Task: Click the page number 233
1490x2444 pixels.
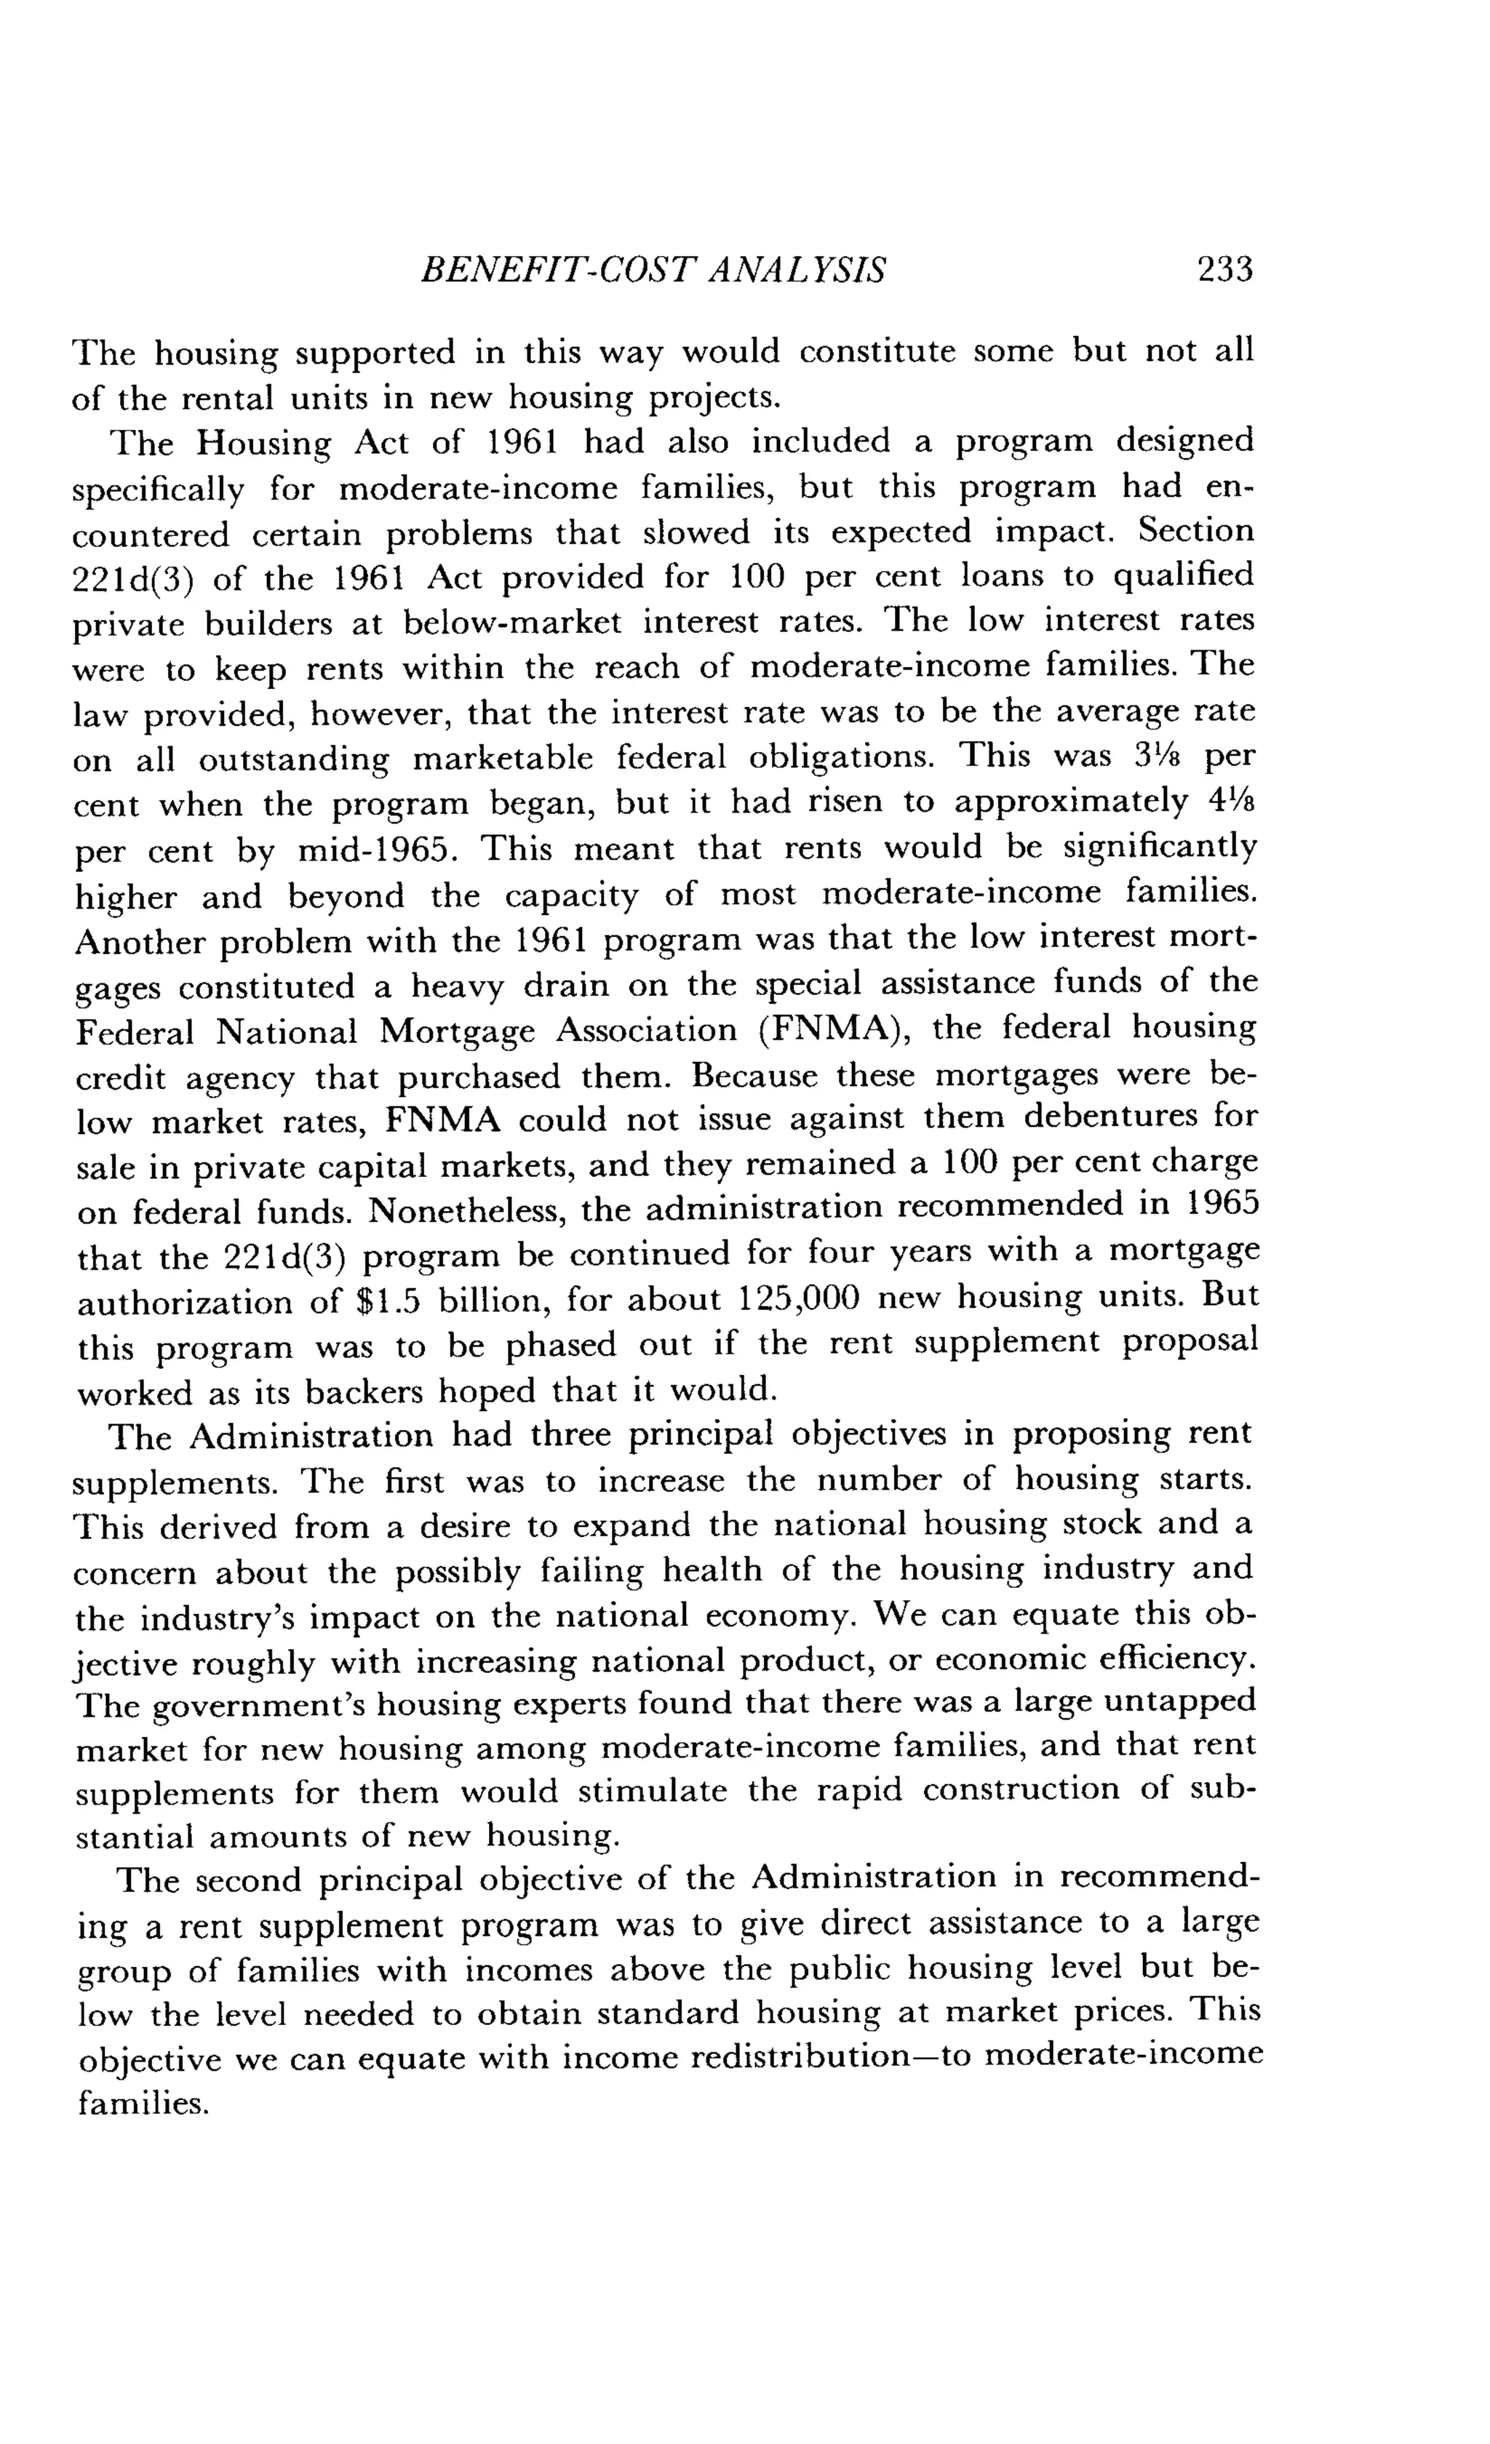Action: click(1226, 269)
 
